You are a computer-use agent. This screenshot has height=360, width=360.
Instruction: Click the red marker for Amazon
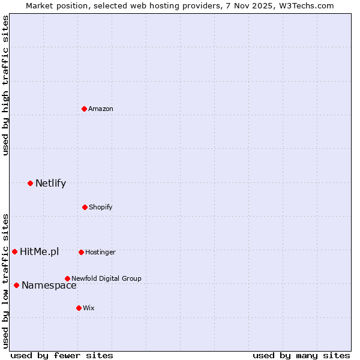[x=85, y=109]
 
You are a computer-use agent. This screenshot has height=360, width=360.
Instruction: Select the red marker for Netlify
[x=30, y=183]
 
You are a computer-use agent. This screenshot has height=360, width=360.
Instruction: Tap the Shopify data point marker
[x=85, y=207]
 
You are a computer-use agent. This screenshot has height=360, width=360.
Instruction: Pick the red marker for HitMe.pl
[x=14, y=251]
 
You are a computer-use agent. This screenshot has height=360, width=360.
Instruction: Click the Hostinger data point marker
[x=81, y=252]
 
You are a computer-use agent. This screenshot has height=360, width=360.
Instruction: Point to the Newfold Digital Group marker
[x=67, y=278]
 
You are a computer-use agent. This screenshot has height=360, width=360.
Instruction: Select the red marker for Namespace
[x=16, y=285]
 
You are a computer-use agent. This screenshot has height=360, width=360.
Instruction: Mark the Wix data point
[x=79, y=308]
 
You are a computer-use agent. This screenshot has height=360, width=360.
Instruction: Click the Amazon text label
[x=101, y=109]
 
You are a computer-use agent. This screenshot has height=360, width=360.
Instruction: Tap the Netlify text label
[x=50, y=184]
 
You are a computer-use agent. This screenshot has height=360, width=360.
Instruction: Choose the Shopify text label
[x=101, y=207]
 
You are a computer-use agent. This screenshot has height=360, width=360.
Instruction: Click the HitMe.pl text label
[x=39, y=252]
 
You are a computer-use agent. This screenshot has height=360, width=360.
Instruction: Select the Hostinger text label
[x=100, y=252]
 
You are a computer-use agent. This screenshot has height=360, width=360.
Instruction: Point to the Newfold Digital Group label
[x=106, y=278]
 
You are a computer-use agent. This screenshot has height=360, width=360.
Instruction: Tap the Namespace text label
[x=49, y=286]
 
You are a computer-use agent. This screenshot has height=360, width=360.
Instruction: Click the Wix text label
[x=89, y=308]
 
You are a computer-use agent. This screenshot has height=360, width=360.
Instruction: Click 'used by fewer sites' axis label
[x=62, y=355]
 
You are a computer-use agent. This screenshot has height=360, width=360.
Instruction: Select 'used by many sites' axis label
[x=301, y=355]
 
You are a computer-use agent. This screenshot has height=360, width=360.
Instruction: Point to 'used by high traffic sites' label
[x=5, y=85]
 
